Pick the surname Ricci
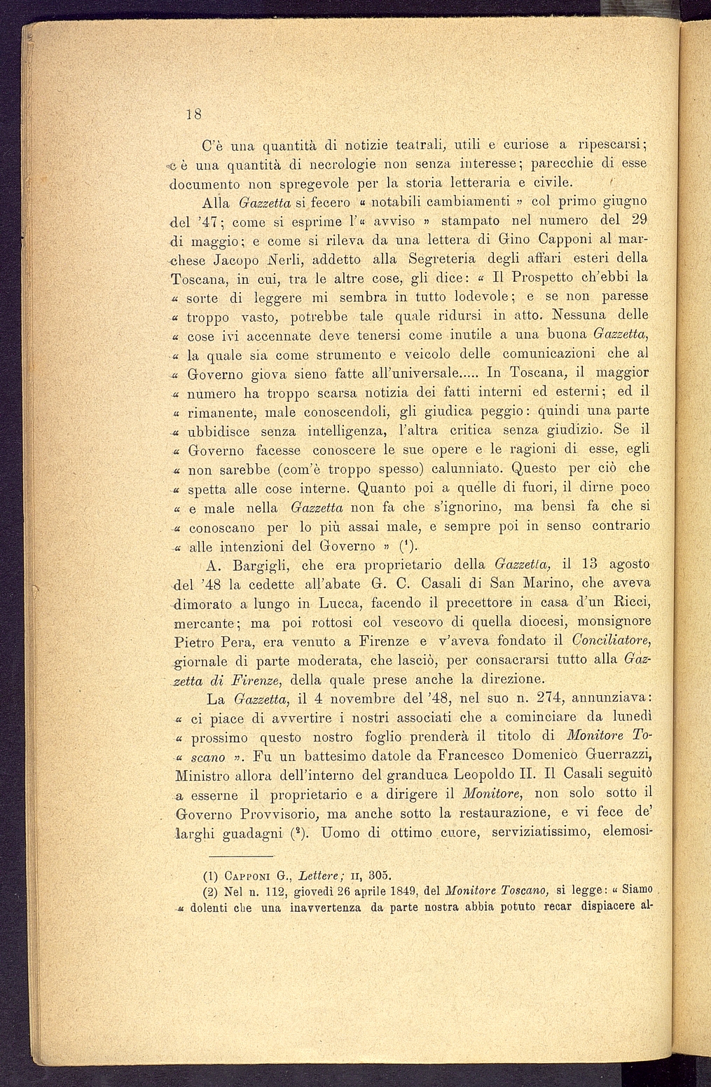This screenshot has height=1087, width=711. tap(631, 601)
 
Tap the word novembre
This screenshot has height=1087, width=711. tap(357, 699)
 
